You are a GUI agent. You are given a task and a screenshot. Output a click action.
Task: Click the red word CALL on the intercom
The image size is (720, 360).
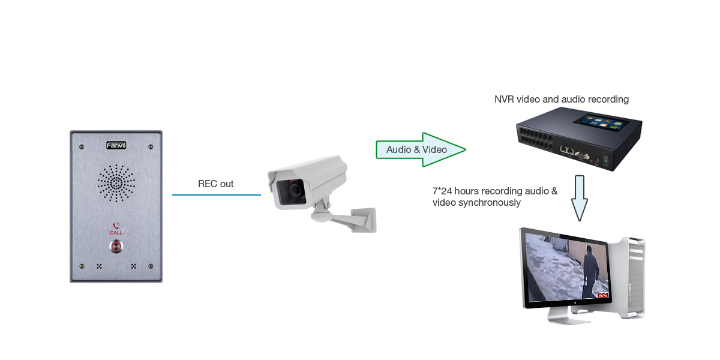(x=116, y=232)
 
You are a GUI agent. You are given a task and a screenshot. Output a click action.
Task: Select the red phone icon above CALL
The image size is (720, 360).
(x=116, y=225)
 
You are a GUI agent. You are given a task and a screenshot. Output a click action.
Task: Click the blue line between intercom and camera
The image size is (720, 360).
(x=216, y=194)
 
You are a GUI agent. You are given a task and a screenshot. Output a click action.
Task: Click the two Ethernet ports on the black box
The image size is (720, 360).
(x=566, y=151)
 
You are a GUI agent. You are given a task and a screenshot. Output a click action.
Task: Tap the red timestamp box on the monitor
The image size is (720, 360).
(x=602, y=295)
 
